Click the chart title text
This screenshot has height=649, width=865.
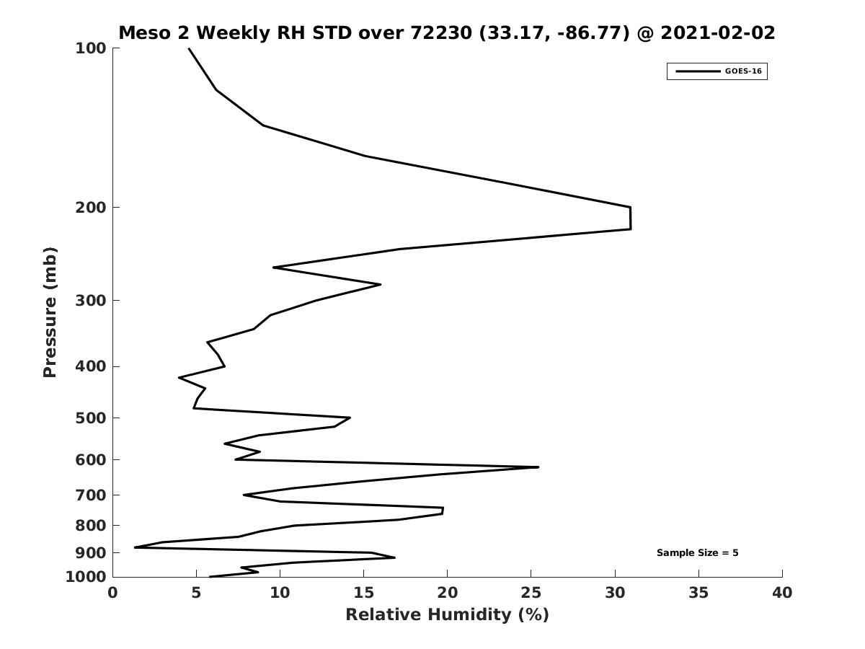[x=447, y=33]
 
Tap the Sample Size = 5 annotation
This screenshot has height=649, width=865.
[x=697, y=553]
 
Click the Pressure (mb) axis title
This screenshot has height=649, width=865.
[x=50, y=312]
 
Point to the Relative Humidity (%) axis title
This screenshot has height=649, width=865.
[x=447, y=614]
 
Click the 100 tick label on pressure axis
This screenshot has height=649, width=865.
[x=91, y=48]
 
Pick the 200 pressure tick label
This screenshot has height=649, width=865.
[x=91, y=208]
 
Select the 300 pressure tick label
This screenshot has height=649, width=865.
[x=91, y=301]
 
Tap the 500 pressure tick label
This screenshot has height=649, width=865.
[x=91, y=418]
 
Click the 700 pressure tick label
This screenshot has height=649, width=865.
[x=91, y=495]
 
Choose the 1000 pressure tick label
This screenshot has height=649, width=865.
[x=86, y=577]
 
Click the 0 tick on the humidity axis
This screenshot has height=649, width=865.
[x=113, y=593]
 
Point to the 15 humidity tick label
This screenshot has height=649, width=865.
[x=364, y=593]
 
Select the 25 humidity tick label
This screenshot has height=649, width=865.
[x=531, y=593]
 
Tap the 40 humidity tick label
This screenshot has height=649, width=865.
[x=782, y=593]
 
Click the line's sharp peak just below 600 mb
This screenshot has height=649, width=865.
[x=538, y=467]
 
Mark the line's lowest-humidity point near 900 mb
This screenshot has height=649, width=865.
[x=135, y=547]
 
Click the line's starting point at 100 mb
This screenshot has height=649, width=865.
[x=189, y=48]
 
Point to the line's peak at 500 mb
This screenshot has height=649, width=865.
[x=350, y=418]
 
